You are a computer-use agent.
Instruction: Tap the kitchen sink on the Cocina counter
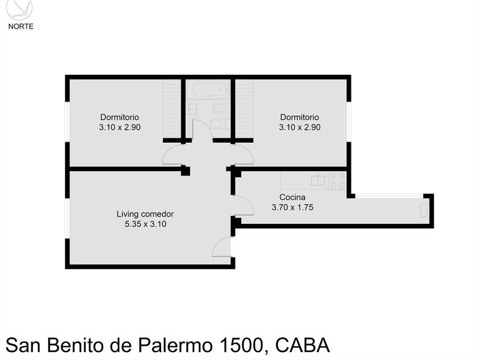[318, 181]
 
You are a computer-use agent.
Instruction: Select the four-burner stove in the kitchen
[337, 181]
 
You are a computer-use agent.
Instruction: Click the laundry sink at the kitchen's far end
[425, 210]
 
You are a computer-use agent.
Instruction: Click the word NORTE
[21, 26]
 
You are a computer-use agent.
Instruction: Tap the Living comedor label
[145, 214]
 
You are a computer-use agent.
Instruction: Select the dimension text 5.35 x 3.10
[145, 224]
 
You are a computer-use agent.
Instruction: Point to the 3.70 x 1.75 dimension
[292, 207]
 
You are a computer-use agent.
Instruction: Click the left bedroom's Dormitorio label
[119, 118]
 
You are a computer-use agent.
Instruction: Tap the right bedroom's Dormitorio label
[299, 118]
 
